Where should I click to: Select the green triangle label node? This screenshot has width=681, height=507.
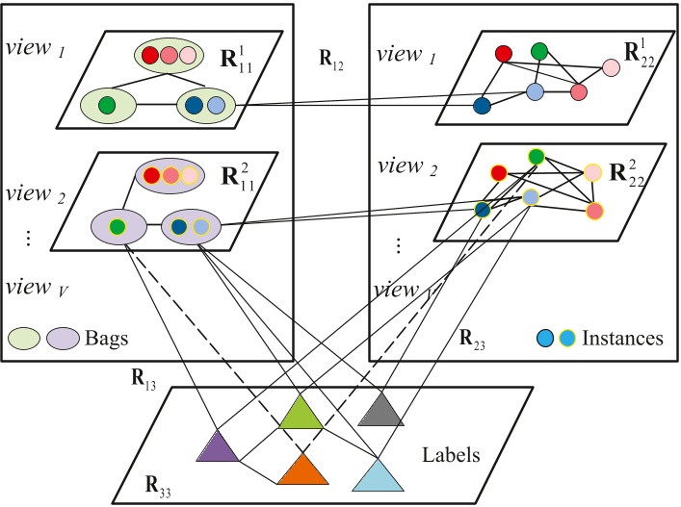click(x=301, y=414)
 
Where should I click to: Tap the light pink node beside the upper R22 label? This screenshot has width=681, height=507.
click(x=611, y=67)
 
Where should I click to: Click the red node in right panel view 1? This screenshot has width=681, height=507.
click(x=503, y=54)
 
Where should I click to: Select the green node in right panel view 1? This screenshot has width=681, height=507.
click(x=539, y=50)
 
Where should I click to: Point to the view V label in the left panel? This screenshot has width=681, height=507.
click(x=30, y=286)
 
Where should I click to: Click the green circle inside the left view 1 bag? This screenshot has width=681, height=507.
click(x=107, y=103)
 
